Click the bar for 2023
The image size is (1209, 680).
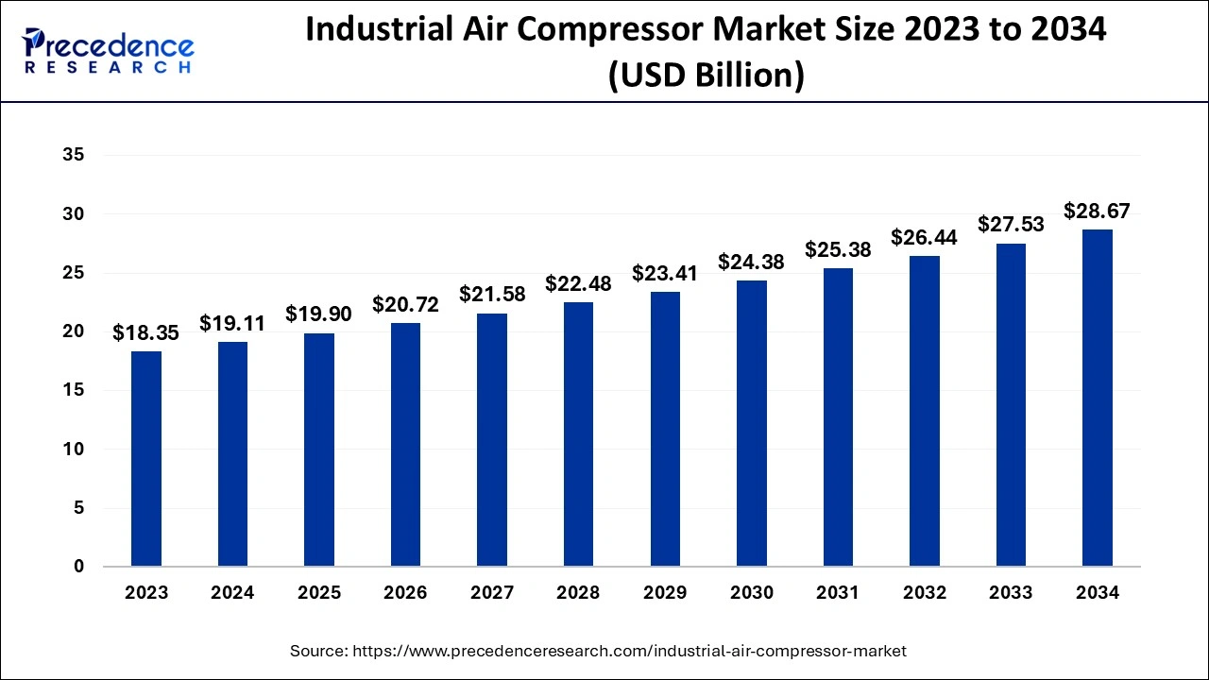[146, 459]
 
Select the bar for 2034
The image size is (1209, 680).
[1097, 398]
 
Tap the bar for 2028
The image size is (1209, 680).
[578, 434]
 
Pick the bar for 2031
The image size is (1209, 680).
[838, 417]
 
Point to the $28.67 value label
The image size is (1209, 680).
[1097, 211]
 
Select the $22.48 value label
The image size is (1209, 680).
[578, 283]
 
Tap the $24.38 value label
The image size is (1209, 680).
[751, 262]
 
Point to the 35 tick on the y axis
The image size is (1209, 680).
[74, 156]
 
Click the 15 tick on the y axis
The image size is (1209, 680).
[74, 390]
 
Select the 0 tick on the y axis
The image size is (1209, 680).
[79, 567]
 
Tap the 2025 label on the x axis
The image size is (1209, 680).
[319, 593]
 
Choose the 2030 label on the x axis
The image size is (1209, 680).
[751, 593]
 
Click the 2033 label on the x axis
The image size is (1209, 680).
[1011, 593]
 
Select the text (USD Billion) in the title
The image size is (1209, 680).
[706, 75]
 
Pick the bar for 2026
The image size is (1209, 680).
[405, 445]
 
